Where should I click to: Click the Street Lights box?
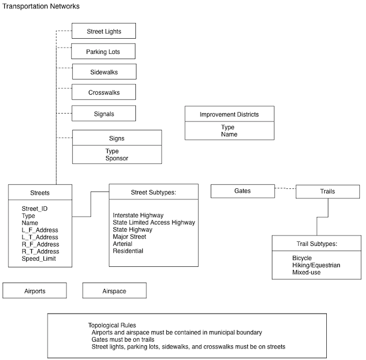104,31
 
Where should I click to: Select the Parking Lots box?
103,51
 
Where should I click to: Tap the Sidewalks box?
104,72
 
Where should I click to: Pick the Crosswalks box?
104,92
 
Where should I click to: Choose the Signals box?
104,114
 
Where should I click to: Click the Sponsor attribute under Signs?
117,158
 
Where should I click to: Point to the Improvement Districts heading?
229,114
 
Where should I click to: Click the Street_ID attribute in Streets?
35,209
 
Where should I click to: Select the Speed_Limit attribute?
39,258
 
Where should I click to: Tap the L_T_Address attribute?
40,237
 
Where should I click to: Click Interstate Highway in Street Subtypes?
138,215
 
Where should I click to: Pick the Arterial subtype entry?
122,244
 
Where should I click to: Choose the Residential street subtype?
128,251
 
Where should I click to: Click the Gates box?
243,191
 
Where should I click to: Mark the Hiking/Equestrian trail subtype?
316,265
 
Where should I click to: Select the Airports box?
35,290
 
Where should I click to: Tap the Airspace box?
115,290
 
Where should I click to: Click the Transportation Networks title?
41,6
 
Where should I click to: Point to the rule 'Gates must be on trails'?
123,340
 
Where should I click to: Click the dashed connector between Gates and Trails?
285,188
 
